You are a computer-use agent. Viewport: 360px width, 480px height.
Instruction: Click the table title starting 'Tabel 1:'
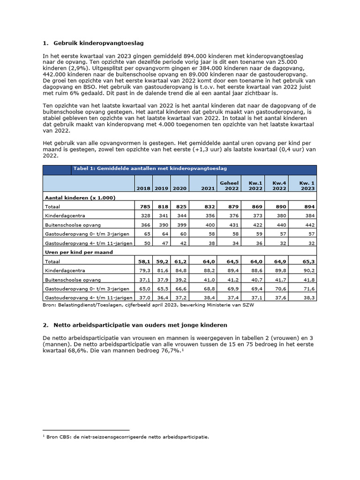150,168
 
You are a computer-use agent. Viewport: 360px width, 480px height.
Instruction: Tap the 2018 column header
143,188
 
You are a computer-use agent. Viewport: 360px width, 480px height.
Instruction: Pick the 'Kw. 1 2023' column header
307,185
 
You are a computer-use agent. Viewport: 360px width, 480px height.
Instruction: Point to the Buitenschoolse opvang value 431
232,225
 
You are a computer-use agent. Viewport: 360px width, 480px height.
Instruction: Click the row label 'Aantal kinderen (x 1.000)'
80,197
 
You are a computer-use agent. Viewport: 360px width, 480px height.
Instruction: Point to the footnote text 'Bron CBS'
127,437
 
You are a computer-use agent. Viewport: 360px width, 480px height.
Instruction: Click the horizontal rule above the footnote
85,430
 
